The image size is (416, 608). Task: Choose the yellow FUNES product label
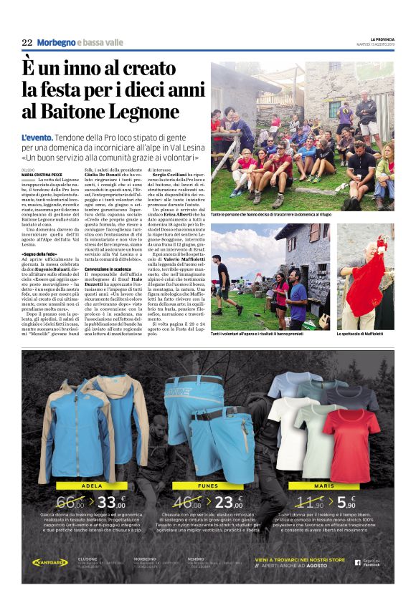pyautogui.click(x=207, y=485)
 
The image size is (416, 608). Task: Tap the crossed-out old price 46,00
pyautogui.click(x=188, y=503)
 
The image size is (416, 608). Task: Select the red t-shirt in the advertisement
pyautogui.click(x=350, y=445)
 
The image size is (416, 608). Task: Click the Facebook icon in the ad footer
pyautogui.click(x=357, y=562)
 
